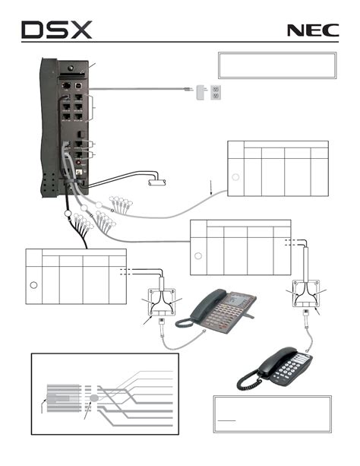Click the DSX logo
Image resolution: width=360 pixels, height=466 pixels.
click(56, 30)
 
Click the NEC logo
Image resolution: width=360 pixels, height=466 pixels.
click(313, 30)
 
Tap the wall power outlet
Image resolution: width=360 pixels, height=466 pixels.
click(216, 92)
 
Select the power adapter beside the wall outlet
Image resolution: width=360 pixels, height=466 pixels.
click(201, 92)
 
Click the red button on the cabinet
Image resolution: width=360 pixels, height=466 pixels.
click(78, 163)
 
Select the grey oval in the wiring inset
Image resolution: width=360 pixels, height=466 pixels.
click(94, 398)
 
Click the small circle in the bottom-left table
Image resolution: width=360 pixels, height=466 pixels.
click(33, 285)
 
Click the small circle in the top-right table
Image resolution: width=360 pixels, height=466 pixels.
click(235, 177)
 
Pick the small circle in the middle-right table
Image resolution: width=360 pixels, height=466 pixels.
click(197, 256)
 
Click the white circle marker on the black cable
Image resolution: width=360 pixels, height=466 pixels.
click(68, 214)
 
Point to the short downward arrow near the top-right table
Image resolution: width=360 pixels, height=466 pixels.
click(211, 187)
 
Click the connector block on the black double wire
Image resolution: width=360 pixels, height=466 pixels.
click(157, 182)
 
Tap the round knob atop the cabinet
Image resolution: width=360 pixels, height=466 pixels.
click(71, 68)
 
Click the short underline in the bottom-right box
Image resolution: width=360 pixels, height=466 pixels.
click(226, 421)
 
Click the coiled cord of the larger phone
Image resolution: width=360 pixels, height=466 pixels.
click(184, 323)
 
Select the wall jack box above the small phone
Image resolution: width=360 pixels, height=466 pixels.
click(305, 293)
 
